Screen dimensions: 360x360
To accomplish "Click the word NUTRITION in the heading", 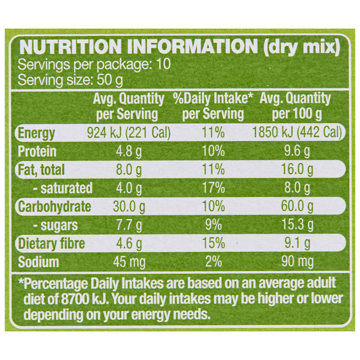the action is [71, 47].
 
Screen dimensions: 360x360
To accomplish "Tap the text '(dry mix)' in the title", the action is [301, 47].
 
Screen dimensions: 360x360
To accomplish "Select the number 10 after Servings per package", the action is [163, 64].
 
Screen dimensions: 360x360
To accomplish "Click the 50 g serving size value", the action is [110, 80].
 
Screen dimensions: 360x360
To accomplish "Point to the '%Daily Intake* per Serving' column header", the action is [213, 106].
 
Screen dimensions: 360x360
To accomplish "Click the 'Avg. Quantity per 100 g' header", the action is [296, 106].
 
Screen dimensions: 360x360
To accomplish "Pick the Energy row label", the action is [36, 133].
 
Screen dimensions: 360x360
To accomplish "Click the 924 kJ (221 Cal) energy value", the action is [129, 133].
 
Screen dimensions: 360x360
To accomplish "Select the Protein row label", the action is [37, 151].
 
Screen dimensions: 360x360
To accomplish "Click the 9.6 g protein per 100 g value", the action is [297, 151].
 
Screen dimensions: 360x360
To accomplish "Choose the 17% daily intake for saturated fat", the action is [213, 188].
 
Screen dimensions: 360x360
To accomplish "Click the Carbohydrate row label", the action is [54, 207].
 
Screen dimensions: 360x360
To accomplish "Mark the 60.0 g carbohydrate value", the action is [297, 207].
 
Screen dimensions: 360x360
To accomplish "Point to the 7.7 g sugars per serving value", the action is [129, 225].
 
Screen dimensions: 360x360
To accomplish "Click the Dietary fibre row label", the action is [51, 243].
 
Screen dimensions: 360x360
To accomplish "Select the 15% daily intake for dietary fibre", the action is [213, 243].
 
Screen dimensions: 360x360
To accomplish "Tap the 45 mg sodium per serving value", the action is [129, 262].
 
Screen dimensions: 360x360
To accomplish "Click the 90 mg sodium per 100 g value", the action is [297, 262].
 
